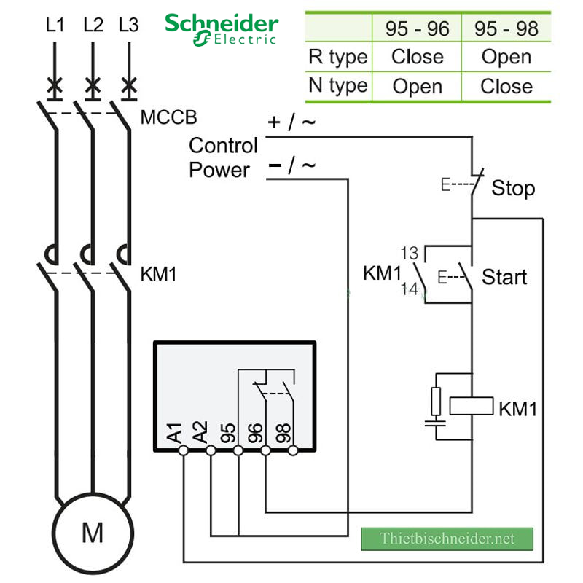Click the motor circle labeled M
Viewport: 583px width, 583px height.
(92, 533)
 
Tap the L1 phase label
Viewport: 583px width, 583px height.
(55, 26)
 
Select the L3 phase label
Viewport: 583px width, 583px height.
(128, 26)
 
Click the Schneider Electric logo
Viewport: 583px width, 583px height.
(221, 28)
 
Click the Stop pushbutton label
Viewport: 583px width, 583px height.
(513, 189)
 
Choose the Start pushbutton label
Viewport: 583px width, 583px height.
(504, 278)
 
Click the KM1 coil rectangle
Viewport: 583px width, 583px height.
(472, 406)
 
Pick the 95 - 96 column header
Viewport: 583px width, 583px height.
(417, 28)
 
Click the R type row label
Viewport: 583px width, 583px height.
(337, 57)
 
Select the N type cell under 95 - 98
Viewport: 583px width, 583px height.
(506, 86)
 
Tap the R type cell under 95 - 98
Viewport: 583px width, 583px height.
(506, 57)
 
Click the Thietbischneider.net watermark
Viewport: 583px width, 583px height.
(447, 539)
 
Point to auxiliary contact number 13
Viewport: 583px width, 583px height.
(410, 253)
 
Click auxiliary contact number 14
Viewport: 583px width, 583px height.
(410, 289)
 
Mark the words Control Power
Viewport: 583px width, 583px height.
(223, 157)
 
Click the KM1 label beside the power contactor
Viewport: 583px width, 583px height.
(158, 275)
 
